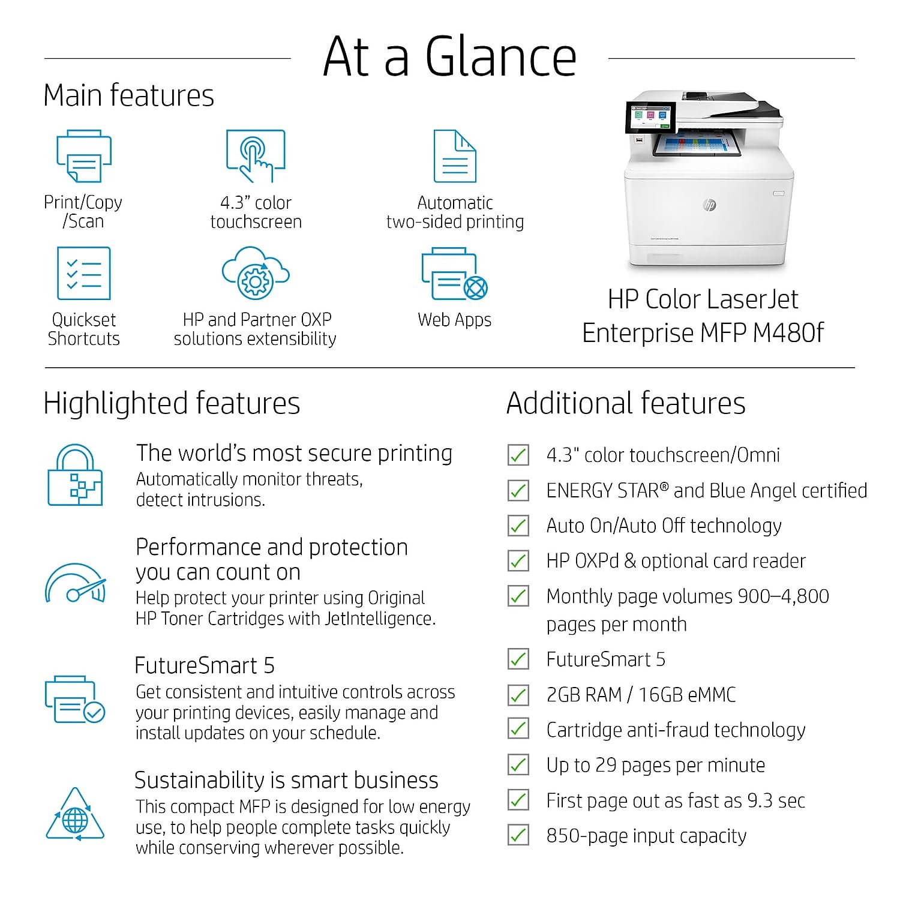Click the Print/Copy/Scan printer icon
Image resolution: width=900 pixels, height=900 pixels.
pos(84,155)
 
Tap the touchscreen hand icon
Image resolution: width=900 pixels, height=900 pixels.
pos(256,155)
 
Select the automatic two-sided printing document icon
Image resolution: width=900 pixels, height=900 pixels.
pos(455,155)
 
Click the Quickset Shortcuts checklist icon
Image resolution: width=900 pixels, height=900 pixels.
pos(84,273)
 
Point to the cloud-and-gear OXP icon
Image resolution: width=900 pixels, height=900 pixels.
pos(256,273)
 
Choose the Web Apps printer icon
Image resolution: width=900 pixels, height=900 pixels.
pos(454,274)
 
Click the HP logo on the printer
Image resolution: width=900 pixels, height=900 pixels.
pos(709,205)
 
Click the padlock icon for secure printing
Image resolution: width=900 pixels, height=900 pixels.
pos(75,475)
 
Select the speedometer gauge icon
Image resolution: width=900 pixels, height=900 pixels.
pos(76,583)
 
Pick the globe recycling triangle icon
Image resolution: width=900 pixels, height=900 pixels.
pos(75,815)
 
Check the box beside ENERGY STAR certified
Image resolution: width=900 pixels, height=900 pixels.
pos(518,491)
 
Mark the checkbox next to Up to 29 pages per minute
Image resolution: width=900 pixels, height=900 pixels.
pos(518,765)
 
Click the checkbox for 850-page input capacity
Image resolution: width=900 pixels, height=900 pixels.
pos(518,835)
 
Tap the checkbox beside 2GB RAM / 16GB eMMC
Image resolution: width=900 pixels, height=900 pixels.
pos(518,695)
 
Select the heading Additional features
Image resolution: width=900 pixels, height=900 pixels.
pos(626,403)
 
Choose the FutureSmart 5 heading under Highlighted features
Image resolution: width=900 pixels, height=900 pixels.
pos(205,665)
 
